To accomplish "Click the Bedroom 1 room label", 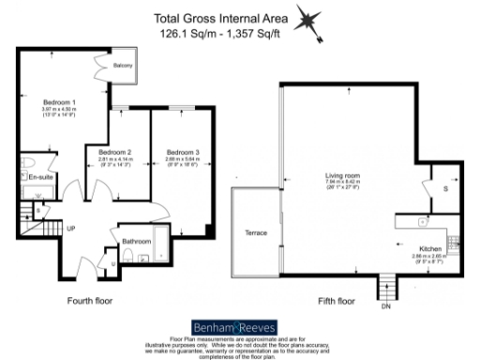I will [59, 101].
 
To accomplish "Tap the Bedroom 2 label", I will [115, 152].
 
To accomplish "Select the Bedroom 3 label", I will [183, 152].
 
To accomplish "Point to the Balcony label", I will [123, 67].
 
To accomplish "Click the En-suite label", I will [40, 176].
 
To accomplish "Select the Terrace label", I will [256, 232].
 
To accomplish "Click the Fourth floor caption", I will [91, 301].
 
